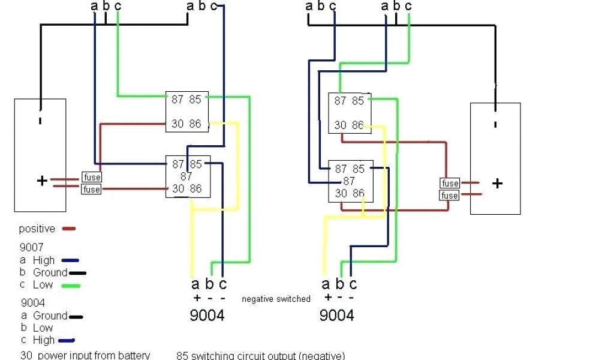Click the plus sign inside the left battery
point(42,181)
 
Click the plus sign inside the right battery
point(497,184)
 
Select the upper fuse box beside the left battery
point(91,177)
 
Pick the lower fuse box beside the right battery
point(450,196)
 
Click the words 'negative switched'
point(276,299)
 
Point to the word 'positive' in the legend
point(37,229)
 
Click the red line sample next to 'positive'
point(68,229)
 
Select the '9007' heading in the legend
point(31,247)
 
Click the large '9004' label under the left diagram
point(207,315)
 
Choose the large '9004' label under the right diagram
point(336,315)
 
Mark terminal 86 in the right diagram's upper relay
point(358,125)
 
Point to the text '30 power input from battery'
point(85,355)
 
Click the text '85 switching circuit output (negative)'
point(261,355)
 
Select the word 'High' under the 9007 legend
point(44,260)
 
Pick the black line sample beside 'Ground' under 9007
point(78,273)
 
